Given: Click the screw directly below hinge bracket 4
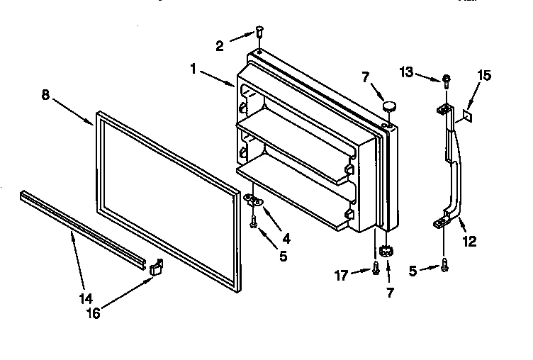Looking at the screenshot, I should coord(254,223).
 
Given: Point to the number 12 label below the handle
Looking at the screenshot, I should coord(469,241).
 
